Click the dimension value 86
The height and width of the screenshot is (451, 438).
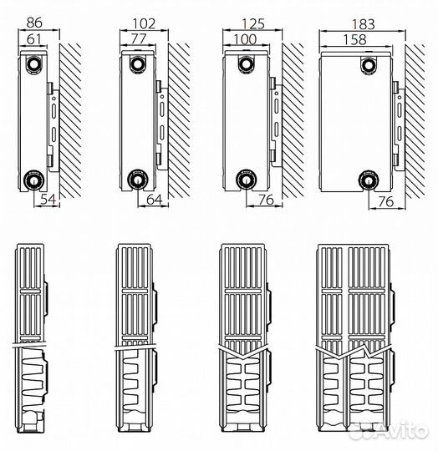click(x=34, y=23)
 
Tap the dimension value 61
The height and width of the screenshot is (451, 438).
click(x=33, y=39)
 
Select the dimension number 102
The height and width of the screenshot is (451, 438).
click(x=144, y=23)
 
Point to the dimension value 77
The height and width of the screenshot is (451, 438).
click(x=139, y=38)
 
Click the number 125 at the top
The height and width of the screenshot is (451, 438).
click(x=253, y=24)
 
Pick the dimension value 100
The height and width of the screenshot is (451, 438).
click(x=245, y=39)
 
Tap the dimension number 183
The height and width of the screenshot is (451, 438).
click(x=363, y=24)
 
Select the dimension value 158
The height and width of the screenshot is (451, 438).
click(x=355, y=40)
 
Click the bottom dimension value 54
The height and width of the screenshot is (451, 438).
click(x=48, y=200)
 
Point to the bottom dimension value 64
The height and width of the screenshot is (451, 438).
click(x=155, y=200)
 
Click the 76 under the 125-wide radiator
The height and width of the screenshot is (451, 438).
click(x=266, y=200)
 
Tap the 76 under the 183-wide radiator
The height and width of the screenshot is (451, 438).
click(x=385, y=201)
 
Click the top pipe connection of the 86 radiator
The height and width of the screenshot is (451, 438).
click(x=34, y=63)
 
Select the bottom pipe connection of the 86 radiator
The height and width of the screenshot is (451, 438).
click(x=34, y=180)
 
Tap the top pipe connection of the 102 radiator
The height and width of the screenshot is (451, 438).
click(x=138, y=63)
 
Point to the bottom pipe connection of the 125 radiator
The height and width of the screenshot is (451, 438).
click(x=246, y=180)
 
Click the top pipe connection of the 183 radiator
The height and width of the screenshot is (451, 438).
click(x=369, y=66)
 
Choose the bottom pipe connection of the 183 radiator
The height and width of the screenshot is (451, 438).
click(x=369, y=180)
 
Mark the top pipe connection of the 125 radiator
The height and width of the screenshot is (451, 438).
click(x=246, y=63)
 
